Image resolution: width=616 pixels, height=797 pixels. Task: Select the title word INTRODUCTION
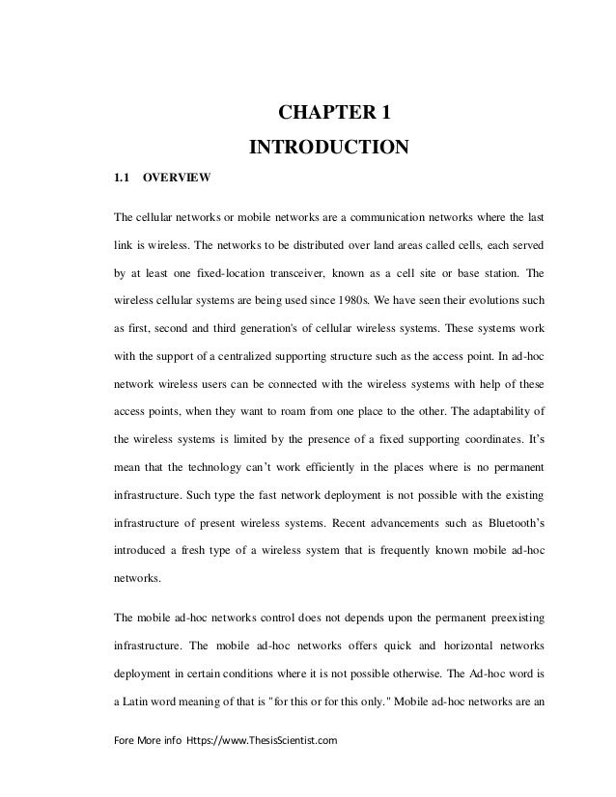[330, 148]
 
